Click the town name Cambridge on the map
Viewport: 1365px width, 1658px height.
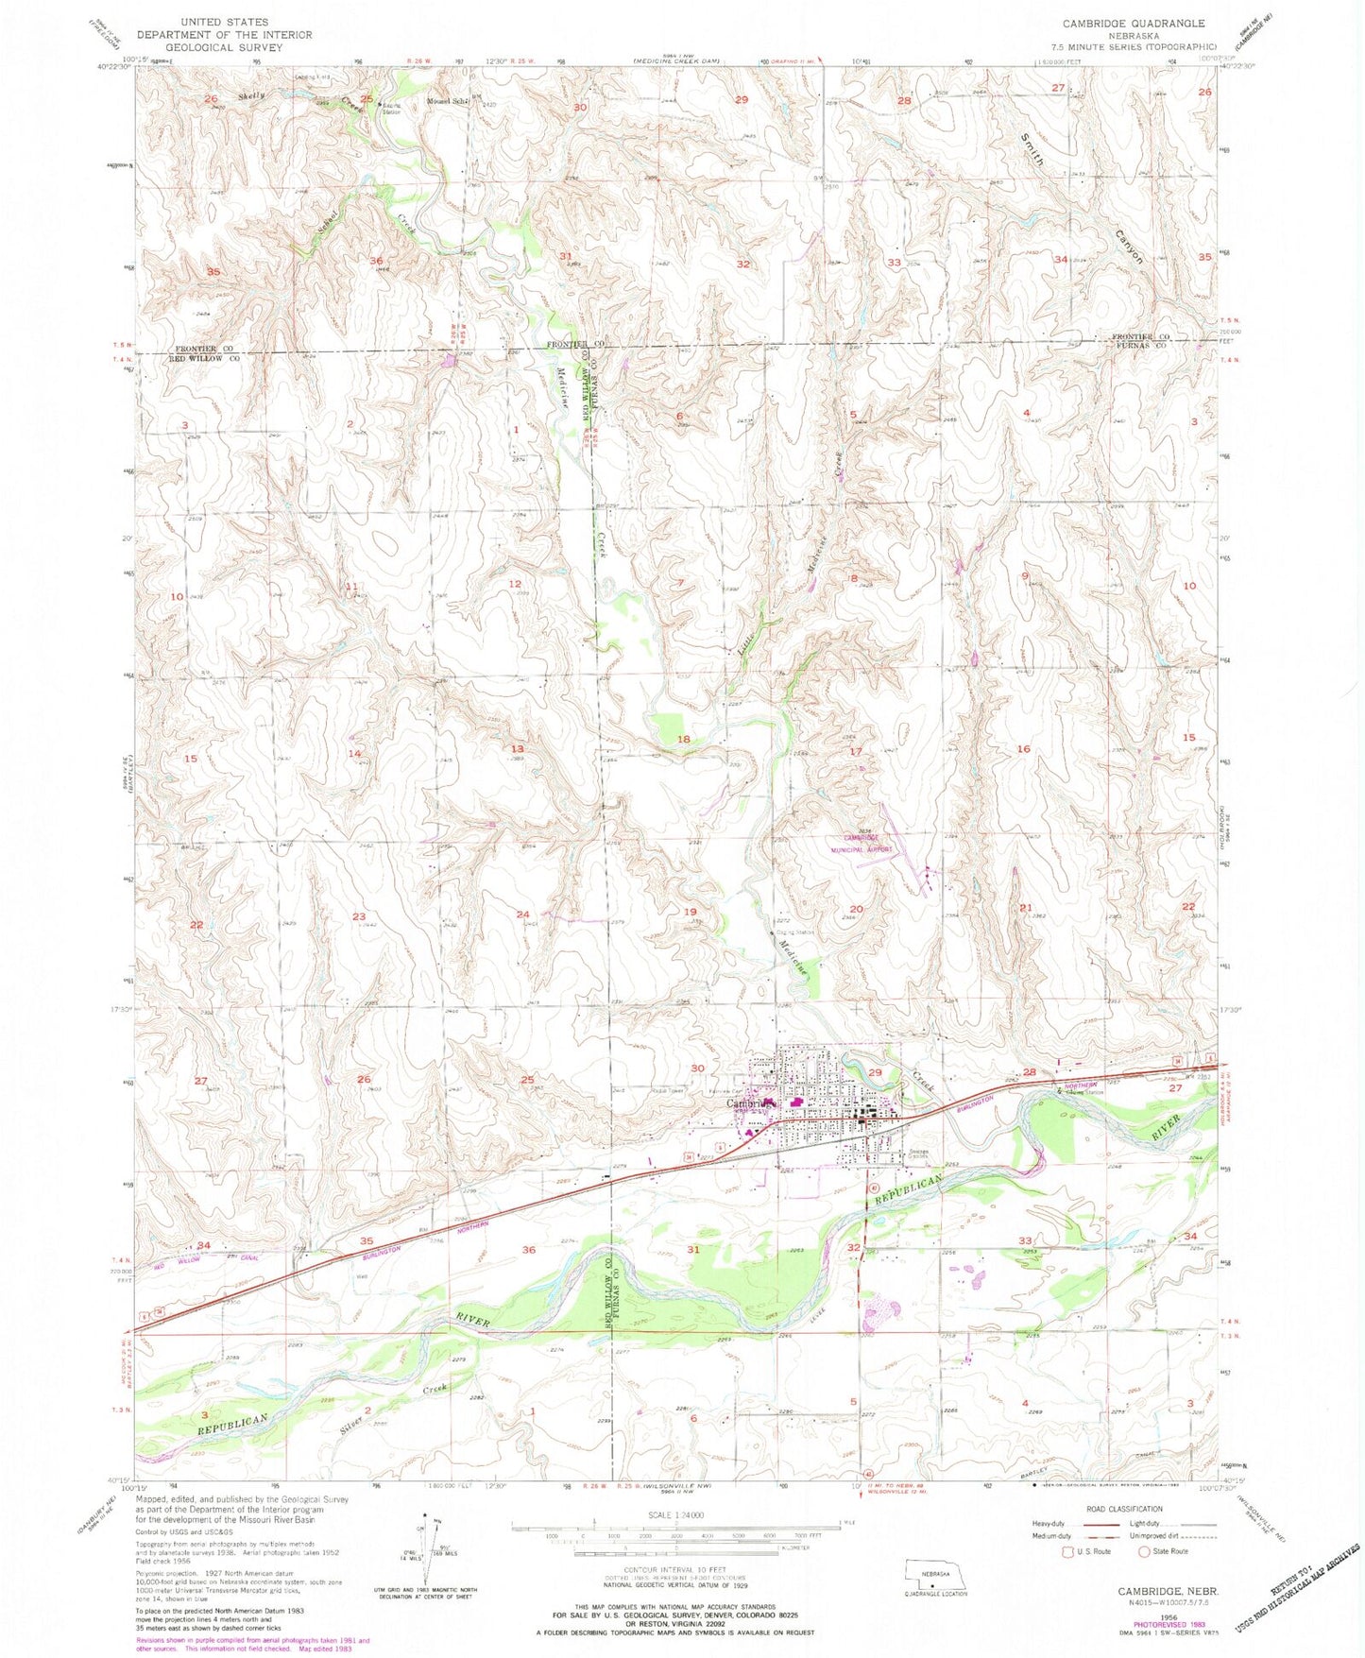[x=751, y=1102]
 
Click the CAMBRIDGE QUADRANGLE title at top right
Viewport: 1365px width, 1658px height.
[x=1148, y=23]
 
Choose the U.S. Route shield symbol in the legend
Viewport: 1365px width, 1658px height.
[x=1068, y=1552]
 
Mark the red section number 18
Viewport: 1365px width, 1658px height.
[x=684, y=739]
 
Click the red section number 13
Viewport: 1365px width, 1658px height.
[x=518, y=748]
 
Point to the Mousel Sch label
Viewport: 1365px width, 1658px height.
[x=447, y=101]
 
